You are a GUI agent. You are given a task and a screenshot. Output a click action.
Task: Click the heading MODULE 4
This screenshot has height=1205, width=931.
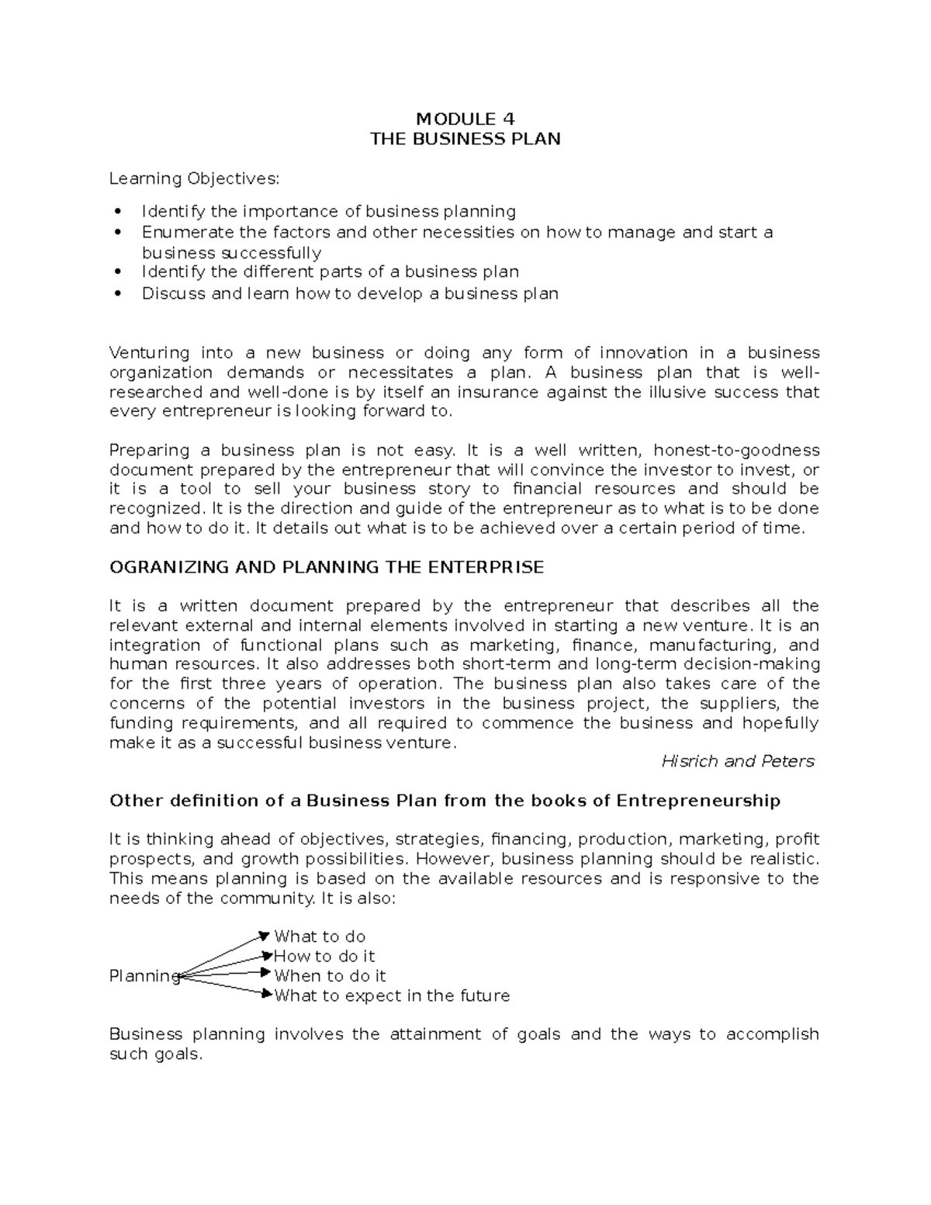[465, 119]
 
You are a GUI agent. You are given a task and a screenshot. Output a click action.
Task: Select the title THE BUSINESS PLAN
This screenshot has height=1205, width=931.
[465, 139]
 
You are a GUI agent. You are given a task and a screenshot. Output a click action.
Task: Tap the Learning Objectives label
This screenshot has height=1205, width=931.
[193, 178]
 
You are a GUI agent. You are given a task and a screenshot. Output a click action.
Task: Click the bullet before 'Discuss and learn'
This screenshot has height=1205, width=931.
[118, 294]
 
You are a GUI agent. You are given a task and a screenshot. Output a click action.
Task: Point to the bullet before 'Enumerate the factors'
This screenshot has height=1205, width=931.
[118, 232]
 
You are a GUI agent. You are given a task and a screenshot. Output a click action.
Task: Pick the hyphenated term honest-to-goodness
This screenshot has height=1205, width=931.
[736, 450]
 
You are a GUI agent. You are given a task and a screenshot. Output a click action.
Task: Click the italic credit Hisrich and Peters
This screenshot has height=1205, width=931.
[738, 761]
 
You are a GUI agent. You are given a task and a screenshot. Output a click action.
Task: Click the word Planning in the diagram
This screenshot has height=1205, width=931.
[144, 976]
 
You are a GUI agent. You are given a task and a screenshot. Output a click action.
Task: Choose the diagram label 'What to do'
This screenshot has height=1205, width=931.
[320, 937]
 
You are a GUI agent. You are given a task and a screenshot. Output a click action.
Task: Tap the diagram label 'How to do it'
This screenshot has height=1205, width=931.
[324, 956]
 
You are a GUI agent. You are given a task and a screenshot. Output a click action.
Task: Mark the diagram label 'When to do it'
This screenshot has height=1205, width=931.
[330, 975]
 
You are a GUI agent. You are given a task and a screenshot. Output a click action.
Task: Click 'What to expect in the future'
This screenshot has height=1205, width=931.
[392, 996]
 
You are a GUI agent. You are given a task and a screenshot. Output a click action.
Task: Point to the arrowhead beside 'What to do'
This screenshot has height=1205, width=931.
[265, 937]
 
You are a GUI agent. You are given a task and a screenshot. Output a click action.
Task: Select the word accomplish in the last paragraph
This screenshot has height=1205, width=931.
[772, 1034]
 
